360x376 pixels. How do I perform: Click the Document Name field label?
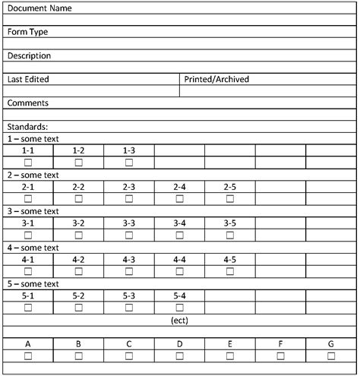pyautogui.click(x=39, y=8)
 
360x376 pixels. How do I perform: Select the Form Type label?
pyautogui.click(x=29, y=32)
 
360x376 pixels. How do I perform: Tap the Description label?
pyautogui.click(x=30, y=55)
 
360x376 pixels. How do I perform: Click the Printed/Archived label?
pyautogui.click(x=216, y=79)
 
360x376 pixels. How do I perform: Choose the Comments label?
pyautogui.click(x=28, y=103)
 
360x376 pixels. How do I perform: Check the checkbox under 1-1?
pyautogui.click(x=28, y=163)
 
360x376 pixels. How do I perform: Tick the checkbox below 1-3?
pyautogui.click(x=129, y=163)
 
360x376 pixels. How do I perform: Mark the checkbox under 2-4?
pyautogui.click(x=180, y=198)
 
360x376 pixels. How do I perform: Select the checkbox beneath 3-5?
pyautogui.click(x=230, y=235)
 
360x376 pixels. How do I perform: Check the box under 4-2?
pyautogui.click(x=78, y=271)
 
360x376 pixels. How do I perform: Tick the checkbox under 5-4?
pyautogui.click(x=180, y=308)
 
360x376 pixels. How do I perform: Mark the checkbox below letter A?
pyautogui.click(x=28, y=355)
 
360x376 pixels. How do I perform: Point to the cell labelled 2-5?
pyautogui.click(x=230, y=187)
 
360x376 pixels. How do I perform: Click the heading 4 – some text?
pyautogui.click(x=33, y=248)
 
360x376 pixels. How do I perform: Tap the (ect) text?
pyautogui.click(x=180, y=320)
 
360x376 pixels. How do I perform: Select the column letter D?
pyautogui.click(x=180, y=344)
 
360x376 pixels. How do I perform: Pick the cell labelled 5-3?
pyautogui.click(x=129, y=295)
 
